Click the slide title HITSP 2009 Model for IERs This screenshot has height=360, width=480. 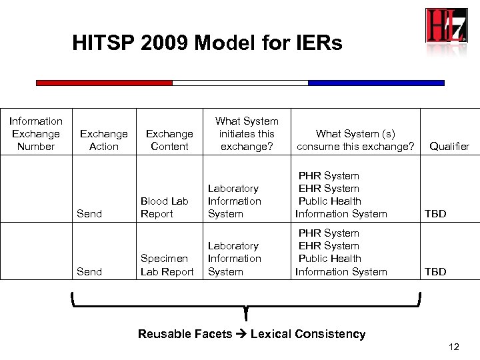[207, 44]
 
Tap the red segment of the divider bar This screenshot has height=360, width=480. [104, 83]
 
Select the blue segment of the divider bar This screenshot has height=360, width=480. [376, 83]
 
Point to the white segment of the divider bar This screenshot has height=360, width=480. [240, 83]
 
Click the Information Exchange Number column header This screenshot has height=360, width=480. [36, 133]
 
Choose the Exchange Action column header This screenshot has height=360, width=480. [104, 140]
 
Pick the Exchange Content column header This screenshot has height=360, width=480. [169, 140]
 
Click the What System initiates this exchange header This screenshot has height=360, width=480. [247, 133]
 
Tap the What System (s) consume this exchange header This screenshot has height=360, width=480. [355, 140]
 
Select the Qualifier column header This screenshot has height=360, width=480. [449, 147]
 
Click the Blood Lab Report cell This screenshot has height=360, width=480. [165, 207]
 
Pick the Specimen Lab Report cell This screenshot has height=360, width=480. [167, 265]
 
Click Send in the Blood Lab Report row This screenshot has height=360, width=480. [89, 214]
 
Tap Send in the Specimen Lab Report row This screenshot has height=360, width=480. [89, 272]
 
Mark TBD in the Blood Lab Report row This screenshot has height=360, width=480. [435, 214]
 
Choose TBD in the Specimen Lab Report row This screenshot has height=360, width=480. [435, 272]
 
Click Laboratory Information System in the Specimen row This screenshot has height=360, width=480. [234, 259]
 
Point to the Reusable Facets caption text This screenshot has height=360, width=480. [251, 334]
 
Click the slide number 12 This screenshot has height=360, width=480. [454, 347]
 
